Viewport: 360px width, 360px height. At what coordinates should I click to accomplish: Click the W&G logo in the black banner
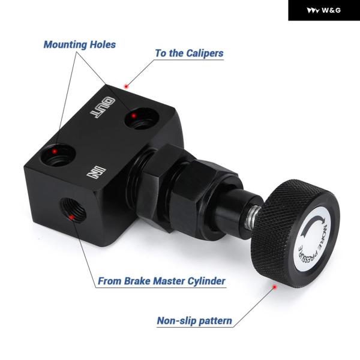pos(324,10)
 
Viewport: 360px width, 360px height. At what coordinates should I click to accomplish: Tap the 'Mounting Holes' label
pos(80,44)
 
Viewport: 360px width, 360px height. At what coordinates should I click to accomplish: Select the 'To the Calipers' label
pos(189,53)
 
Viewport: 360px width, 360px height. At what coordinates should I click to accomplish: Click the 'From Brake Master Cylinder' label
pos(161,281)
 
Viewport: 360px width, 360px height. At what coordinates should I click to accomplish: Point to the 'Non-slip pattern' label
pos(194,320)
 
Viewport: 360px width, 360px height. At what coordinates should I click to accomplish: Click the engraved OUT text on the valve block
pos(102,107)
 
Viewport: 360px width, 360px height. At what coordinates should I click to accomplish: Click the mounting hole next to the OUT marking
pos(142,118)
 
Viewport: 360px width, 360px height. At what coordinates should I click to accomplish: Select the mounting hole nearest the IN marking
pos(59,155)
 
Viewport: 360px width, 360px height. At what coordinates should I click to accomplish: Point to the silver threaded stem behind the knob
pos(253,218)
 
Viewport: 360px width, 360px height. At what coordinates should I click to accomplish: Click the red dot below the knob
pos(274,287)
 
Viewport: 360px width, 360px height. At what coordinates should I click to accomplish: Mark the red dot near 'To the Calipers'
pos(126,86)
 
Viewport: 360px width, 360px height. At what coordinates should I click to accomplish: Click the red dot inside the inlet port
pos(71,217)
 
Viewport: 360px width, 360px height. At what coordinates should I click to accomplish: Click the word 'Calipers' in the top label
pos(205,53)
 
